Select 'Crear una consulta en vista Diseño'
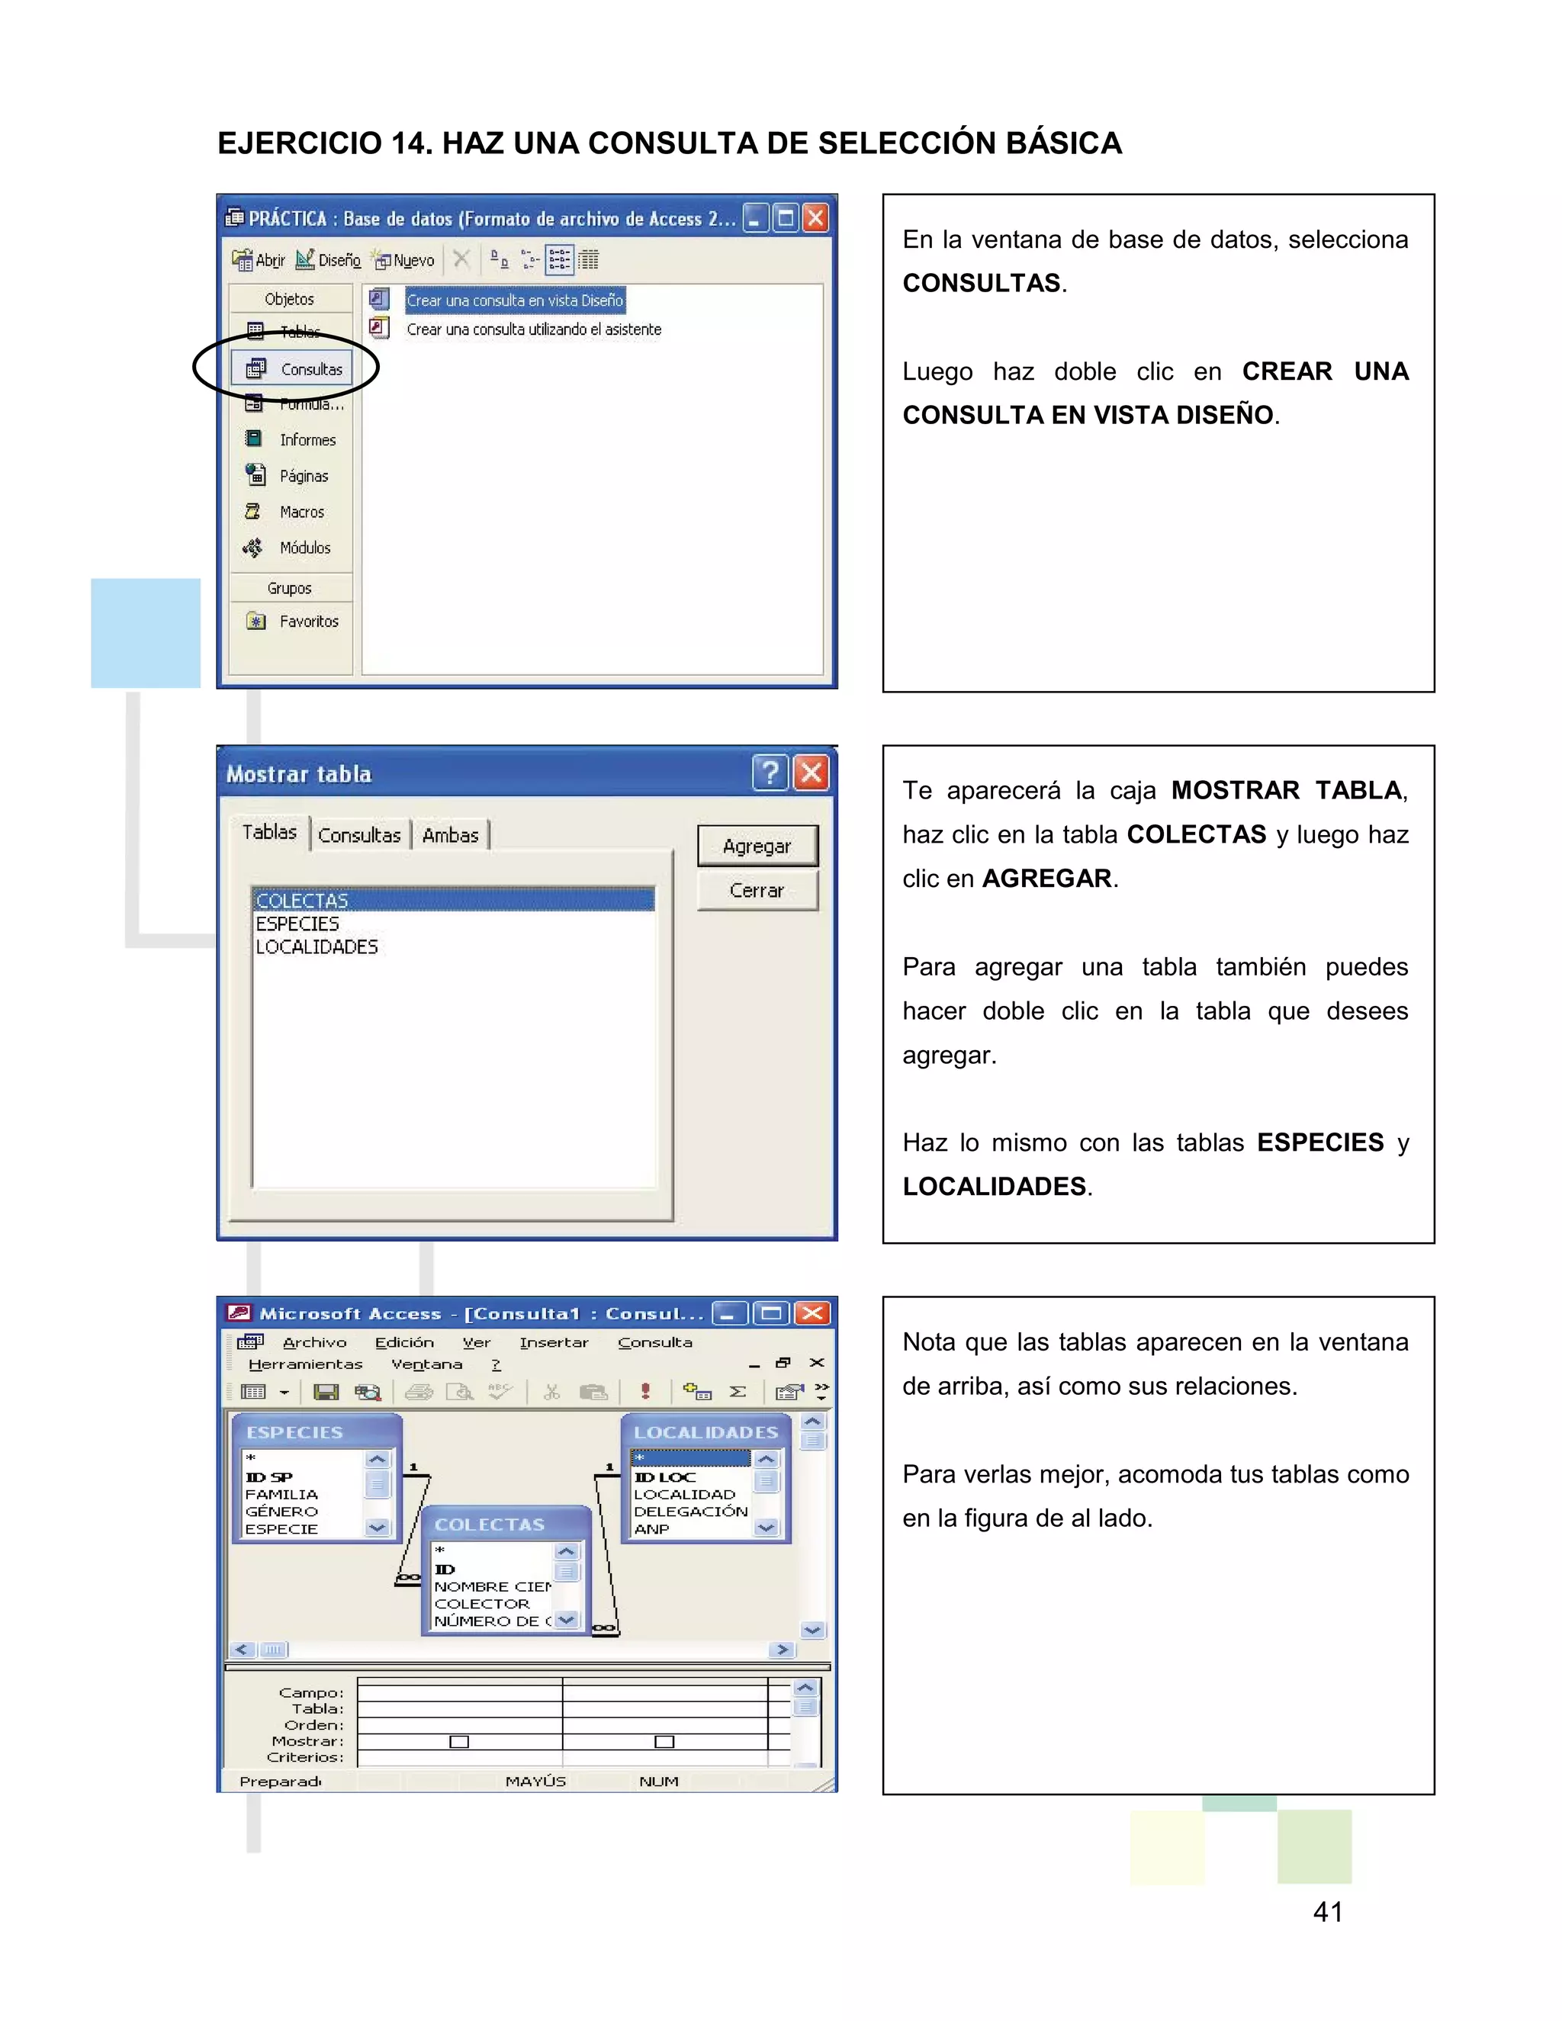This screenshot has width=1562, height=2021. coord(515,300)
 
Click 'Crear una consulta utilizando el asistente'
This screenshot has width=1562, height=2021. coord(533,329)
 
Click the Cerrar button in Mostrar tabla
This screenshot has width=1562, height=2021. coord(756,890)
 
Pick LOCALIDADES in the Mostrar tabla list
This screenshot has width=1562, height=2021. coord(317,946)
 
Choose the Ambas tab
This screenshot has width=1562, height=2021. coord(450,834)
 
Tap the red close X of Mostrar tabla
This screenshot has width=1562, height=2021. coord(812,773)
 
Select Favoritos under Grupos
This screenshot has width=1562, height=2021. coord(308,622)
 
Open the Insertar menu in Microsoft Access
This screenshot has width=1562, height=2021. coord(554,1341)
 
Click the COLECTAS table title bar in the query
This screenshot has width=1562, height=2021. coord(490,1524)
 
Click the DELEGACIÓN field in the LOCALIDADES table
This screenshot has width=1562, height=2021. coord(690,1511)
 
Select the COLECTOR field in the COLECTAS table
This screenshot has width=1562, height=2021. coord(482,1604)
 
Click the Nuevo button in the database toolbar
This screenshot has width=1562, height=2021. coord(404,261)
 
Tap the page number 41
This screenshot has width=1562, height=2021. coord(1327,1912)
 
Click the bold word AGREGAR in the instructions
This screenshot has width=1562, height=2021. coord(1046,878)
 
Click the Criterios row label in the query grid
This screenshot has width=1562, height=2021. coord(305,1757)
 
